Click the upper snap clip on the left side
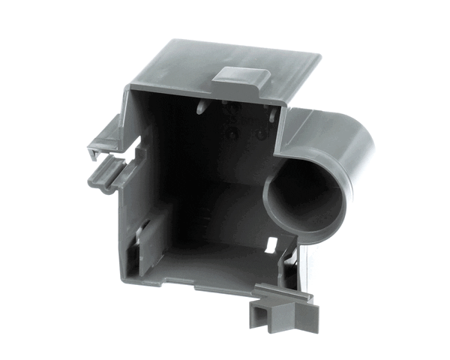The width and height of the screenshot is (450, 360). click(x=100, y=139)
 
